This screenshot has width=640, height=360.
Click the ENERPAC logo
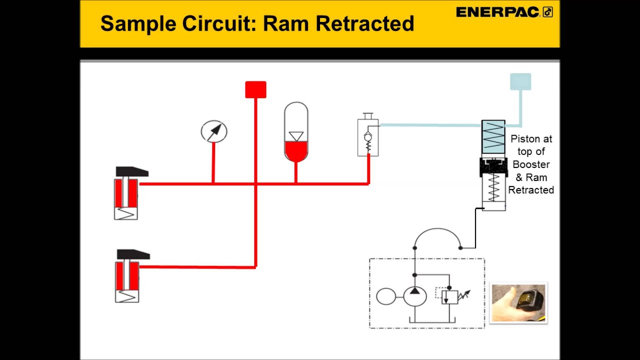coord(504,12)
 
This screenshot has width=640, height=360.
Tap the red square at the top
coord(255,90)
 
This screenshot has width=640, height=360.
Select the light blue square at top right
coord(520,82)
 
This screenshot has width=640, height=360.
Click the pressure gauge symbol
coord(214,131)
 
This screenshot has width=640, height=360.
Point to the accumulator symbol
coord(296,132)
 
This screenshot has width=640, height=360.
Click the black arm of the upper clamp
coord(131,172)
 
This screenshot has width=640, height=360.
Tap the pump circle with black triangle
coord(414,296)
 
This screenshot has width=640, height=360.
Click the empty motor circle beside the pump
coord(386,296)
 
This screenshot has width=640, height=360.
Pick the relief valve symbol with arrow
coord(450,296)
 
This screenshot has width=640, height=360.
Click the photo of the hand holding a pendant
coord(518,302)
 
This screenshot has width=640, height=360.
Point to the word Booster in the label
coord(531,164)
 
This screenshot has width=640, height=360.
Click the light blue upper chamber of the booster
coord(493,136)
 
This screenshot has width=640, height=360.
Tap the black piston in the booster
coord(493,166)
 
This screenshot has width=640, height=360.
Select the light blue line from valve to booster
coord(430,125)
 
